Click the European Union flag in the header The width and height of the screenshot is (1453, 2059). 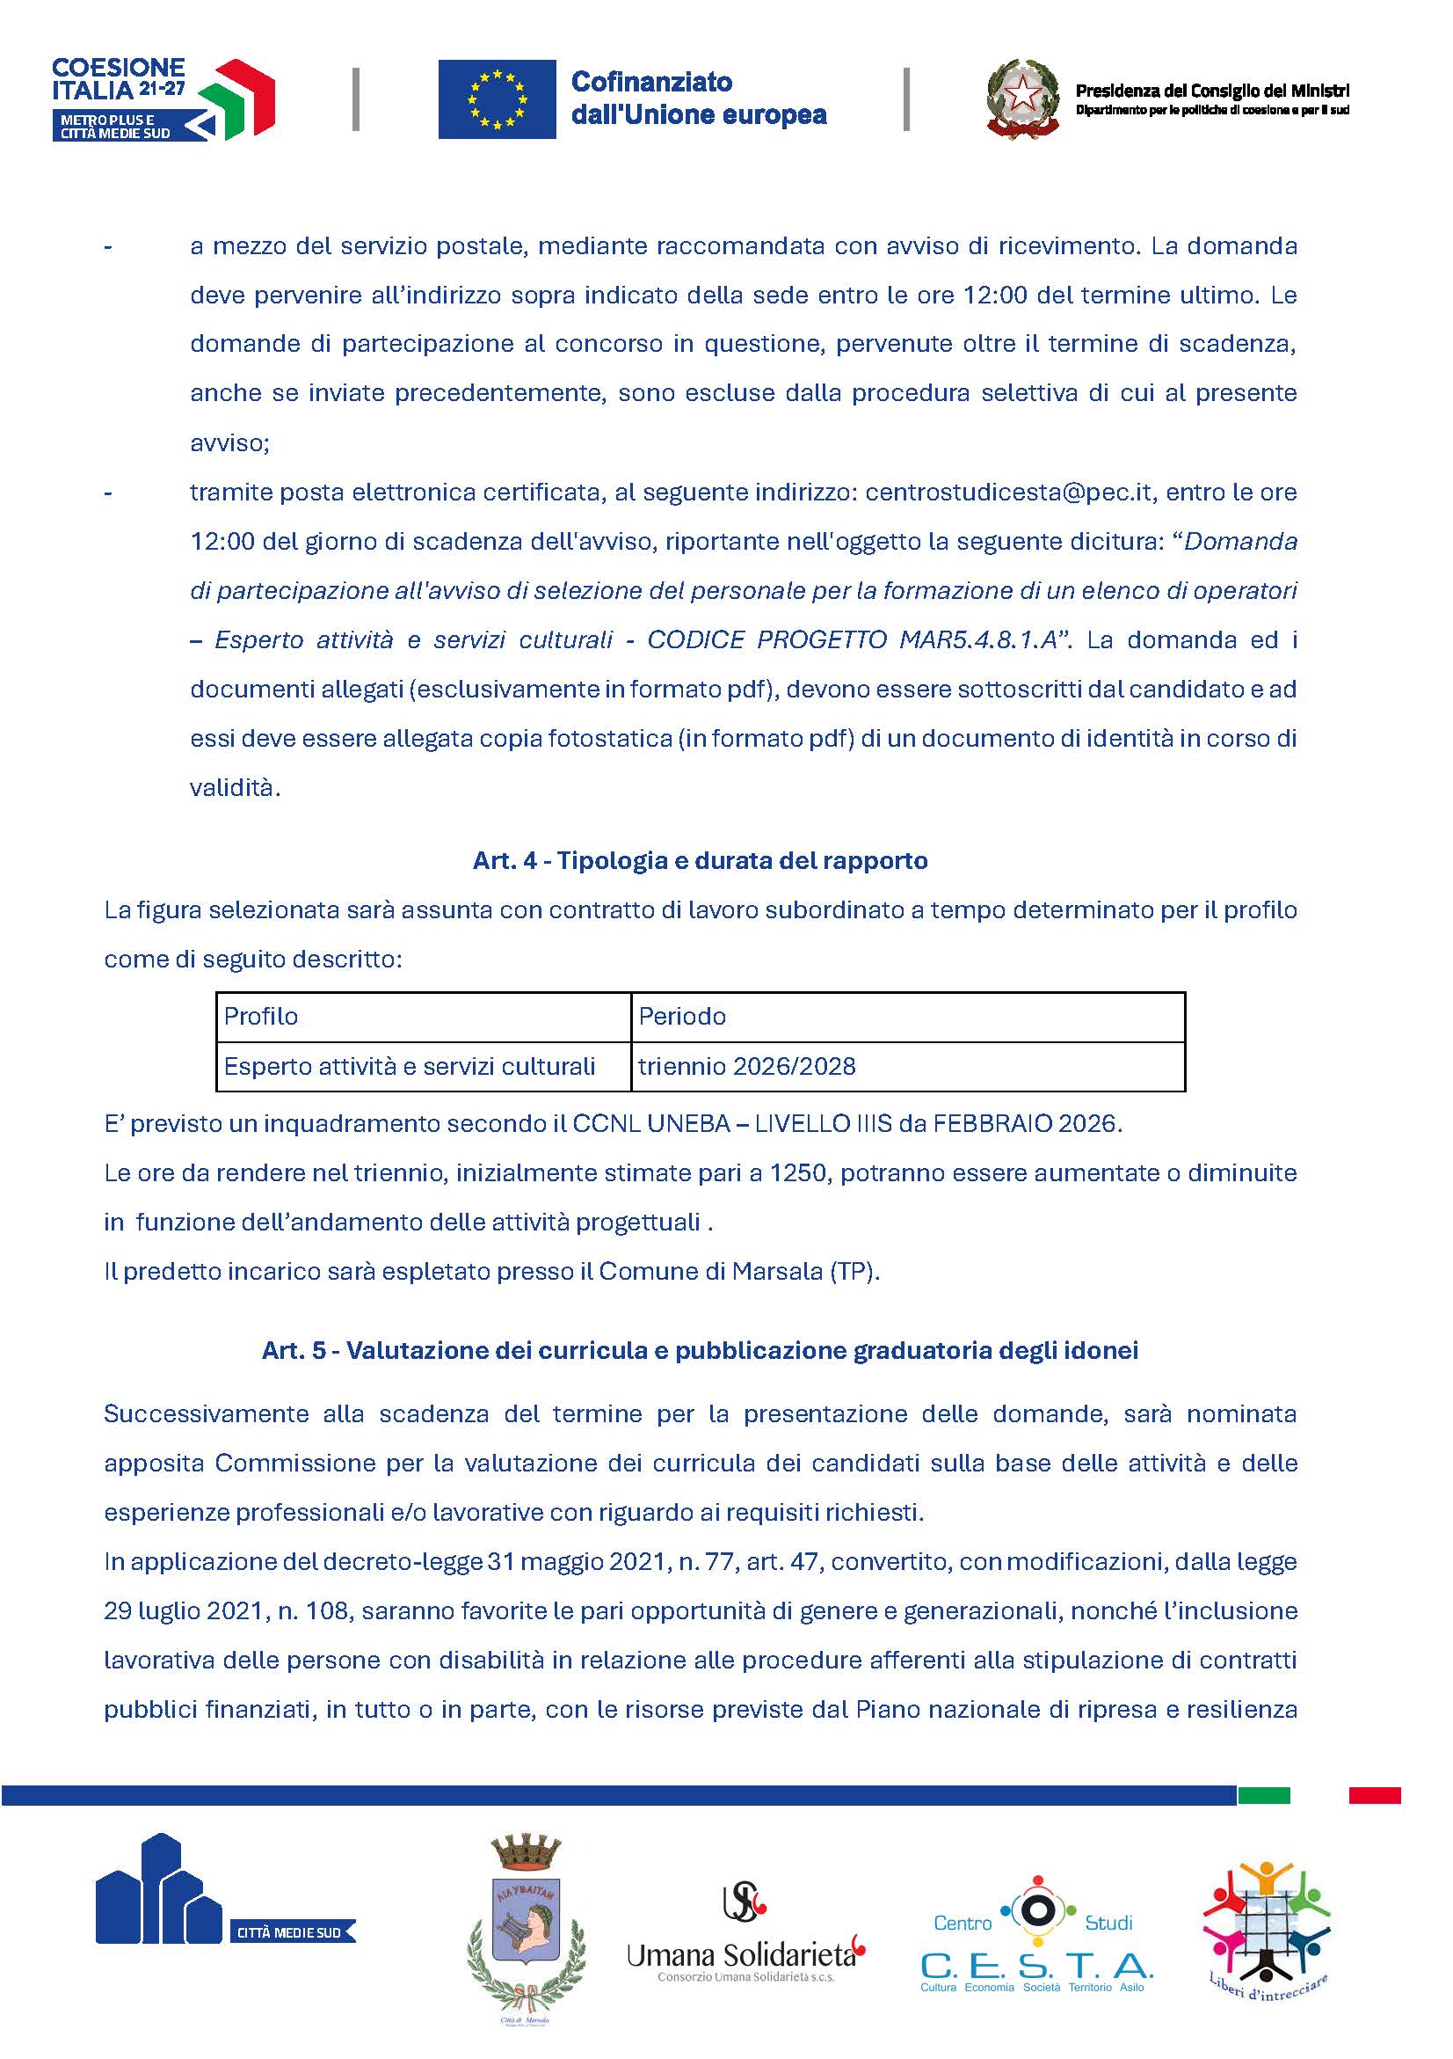497,99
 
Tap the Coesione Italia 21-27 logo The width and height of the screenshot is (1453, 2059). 163,99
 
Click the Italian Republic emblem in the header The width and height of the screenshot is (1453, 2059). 1022,99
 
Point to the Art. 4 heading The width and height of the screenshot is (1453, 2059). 700,861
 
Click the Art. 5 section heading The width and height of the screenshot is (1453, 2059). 700,1351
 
